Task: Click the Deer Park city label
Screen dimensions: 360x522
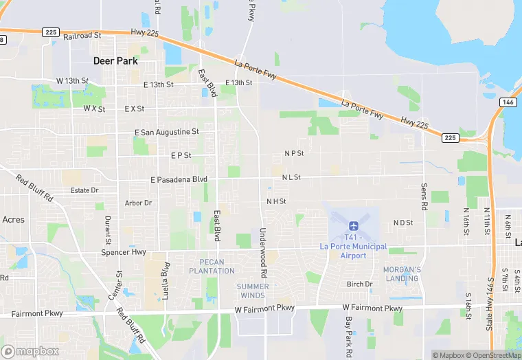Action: tap(115, 60)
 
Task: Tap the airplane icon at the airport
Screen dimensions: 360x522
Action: tap(353, 226)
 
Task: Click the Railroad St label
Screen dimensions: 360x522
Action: tap(82, 34)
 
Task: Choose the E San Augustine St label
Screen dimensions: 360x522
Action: tap(166, 131)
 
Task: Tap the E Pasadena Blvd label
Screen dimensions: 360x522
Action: tap(179, 179)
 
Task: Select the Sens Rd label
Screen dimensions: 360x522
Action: tap(424, 196)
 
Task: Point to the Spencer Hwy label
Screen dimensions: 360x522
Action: tap(124, 252)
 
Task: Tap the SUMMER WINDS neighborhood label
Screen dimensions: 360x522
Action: tap(252, 291)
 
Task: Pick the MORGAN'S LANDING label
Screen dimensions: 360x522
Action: tap(402, 273)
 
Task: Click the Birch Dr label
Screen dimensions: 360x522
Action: tap(359, 284)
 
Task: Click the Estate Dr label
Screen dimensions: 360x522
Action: tap(84, 190)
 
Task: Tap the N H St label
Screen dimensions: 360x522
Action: tap(276, 201)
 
